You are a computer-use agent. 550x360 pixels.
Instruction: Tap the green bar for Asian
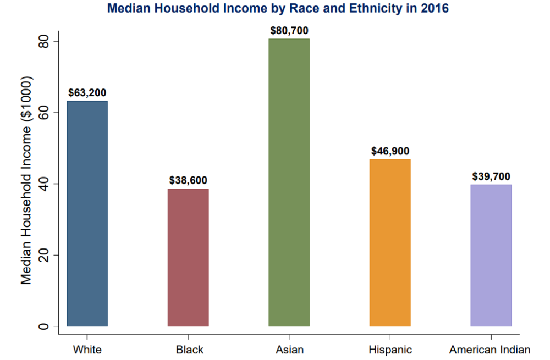[289, 182]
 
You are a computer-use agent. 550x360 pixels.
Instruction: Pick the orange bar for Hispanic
[390, 242]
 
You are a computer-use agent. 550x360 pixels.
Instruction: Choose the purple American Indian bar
[491, 255]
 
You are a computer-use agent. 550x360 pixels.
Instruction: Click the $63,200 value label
[87, 92]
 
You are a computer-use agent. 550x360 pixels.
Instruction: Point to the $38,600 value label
[188, 180]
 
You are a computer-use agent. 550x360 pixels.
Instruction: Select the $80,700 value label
[289, 30]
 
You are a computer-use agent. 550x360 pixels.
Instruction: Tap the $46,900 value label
[391, 151]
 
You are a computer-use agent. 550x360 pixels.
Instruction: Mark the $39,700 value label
[491, 176]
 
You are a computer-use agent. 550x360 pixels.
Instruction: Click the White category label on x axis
[87, 350]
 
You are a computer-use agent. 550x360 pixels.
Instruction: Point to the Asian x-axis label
[289, 350]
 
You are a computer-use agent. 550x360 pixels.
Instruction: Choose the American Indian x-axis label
[490, 350]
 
